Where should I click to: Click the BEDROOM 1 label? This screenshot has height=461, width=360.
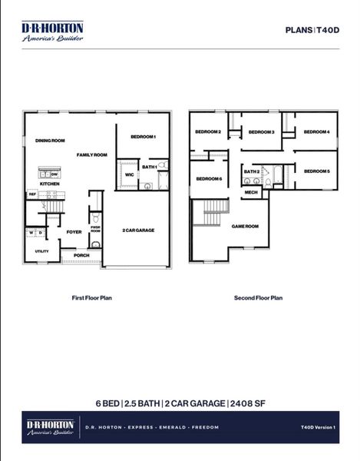click(x=144, y=137)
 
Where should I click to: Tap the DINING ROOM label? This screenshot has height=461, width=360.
click(x=50, y=141)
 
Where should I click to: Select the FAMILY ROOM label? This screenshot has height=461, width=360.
click(x=92, y=154)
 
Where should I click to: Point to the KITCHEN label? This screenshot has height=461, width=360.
click(x=50, y=184)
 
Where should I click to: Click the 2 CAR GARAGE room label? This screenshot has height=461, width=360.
click(x=138, y=230)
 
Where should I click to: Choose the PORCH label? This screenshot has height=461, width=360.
click(x=81, y=255)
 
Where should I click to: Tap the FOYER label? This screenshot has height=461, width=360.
click(x=74, y=231)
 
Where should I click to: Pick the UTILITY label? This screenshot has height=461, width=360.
click(x=41, y=251)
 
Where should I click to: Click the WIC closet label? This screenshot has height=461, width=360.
click(x=130, y=175)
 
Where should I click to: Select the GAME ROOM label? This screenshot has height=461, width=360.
click(x=245, y=226)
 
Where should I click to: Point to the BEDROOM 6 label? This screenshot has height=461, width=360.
click(x=209, y=179)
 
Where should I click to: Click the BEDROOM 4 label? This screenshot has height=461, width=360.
click(x=316, y=132)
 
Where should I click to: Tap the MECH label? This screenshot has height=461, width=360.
click(x=251, y=193)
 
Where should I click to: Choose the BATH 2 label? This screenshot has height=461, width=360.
click(x=252, y=171)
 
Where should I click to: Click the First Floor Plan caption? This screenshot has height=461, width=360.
click(x=92, y=297)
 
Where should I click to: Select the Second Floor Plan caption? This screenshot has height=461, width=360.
click(x=258, y=297)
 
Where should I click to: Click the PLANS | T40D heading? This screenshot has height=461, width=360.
click(x=312, y=30)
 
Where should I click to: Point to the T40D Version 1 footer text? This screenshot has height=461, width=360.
click(x=318, y=427)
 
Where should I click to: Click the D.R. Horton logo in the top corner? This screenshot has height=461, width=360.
click(x=52, y=31)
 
